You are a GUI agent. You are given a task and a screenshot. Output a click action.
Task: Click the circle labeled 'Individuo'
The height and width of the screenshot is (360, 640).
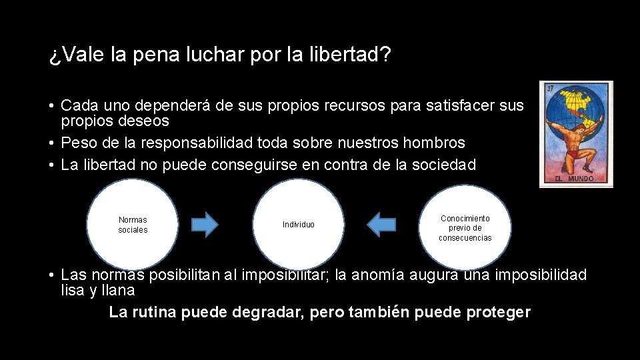pos(299,224)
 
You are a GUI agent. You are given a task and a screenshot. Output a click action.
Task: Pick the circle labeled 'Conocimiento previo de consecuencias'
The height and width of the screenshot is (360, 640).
pos(465,227)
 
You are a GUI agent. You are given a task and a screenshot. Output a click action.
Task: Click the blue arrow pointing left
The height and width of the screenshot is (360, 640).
pos(382,225)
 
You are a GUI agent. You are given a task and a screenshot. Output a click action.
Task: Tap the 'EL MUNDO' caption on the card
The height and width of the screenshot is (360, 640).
pos(575,179)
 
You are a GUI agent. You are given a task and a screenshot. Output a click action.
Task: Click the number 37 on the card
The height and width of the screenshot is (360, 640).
pos(551,89)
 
